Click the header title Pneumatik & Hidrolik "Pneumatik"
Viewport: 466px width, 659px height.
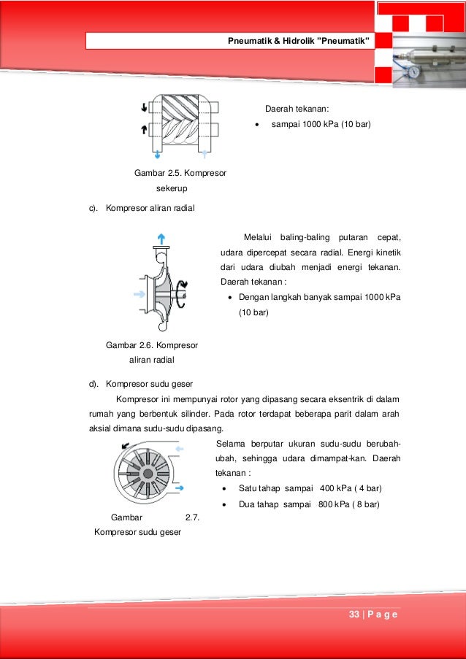(300, 40)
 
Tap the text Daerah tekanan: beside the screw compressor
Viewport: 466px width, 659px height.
(297, 109)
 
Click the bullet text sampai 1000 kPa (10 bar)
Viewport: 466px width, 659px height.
(321, 125)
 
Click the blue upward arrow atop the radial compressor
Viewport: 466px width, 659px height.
(161, 239)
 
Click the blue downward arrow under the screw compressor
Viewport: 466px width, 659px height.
(158, 154)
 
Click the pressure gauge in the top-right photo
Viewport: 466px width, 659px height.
(413, 73)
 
